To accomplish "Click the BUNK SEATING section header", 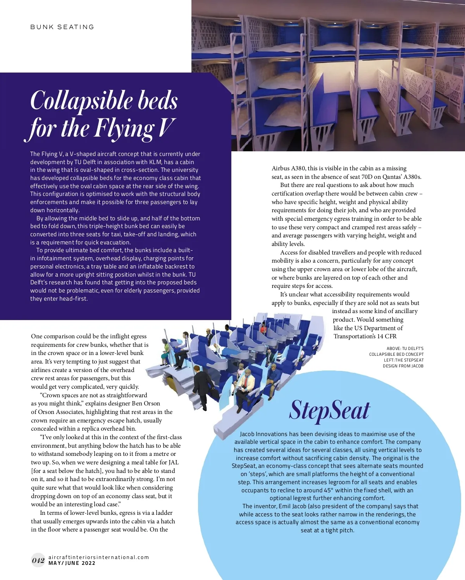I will point(62,27).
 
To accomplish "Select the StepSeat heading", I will point(329,410).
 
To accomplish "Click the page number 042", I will point(38,560).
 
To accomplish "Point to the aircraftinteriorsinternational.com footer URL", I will point(99,557).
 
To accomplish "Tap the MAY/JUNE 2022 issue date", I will point(72,563).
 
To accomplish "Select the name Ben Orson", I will point(146,403).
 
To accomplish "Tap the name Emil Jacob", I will point(293,506).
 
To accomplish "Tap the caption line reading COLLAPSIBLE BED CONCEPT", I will point(396,354).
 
